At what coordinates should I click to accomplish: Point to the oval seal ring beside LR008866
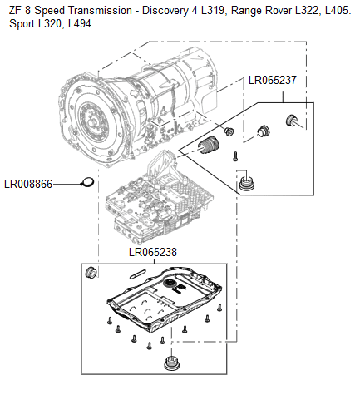point(87,181)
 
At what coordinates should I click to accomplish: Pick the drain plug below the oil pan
point(171,364)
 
